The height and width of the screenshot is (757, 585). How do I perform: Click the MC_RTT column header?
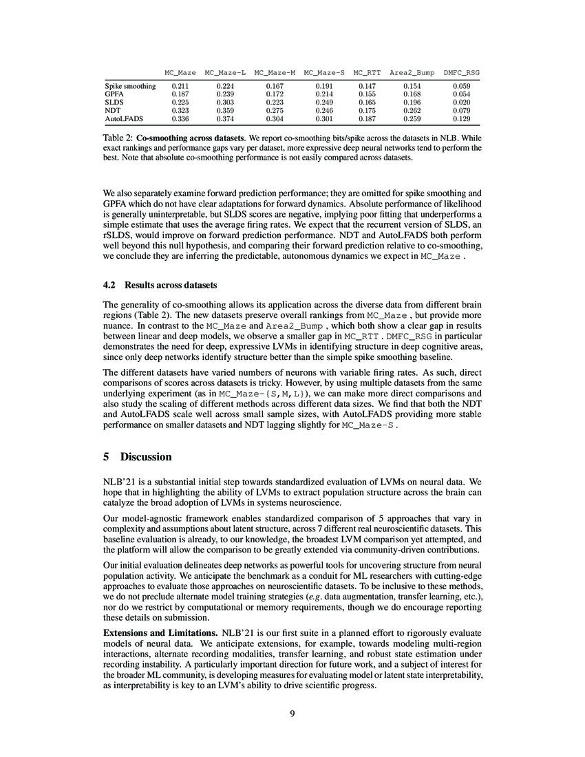pos(368,72)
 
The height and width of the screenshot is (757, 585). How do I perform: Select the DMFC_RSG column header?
pos(462,72)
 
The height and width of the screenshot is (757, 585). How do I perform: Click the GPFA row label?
pos(114,93)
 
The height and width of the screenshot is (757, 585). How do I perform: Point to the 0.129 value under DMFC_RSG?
pos(462,118)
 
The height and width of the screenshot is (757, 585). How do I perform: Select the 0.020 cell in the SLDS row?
pos(462,101)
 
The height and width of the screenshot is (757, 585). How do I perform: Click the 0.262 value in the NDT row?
pos(412,109)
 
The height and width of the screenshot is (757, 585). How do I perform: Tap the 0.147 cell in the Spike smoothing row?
pos(368,85)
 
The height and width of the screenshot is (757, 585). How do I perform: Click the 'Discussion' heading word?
pos(146,457)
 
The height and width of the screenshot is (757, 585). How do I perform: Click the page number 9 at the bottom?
pos(292,713)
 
